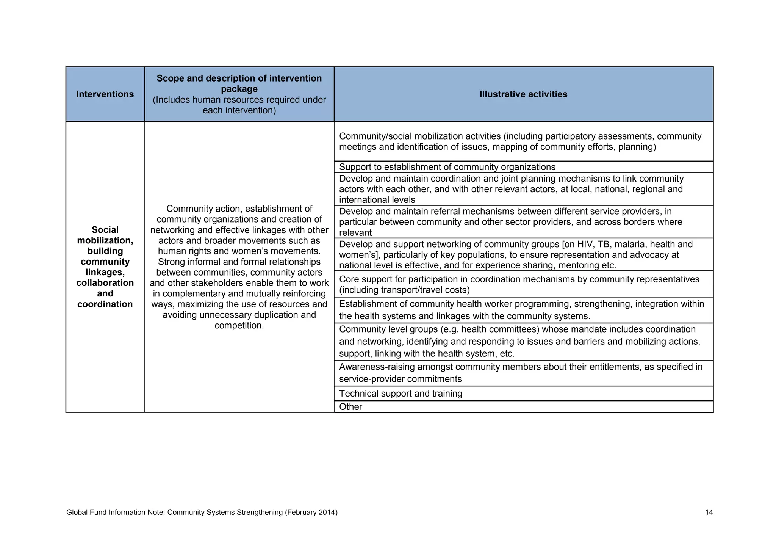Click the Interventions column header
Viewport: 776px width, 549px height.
point(105,94)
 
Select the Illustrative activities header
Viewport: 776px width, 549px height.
point(523,94)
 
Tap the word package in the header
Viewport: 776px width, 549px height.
point(239,89)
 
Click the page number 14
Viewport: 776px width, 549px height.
point(709,513)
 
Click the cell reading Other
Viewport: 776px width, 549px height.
point(350,407)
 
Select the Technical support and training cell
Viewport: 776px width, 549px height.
point(401,394)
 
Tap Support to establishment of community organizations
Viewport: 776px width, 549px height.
point(447,167)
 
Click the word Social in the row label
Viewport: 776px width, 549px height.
point(105,230)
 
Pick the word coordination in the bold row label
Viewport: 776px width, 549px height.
point(105,304)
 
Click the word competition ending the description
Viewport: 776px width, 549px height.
point(239,325)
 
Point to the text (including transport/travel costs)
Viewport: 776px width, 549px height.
point(404,290)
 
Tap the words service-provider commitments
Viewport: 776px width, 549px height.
point(400,379)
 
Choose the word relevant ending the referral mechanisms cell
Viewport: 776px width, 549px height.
point(355,233)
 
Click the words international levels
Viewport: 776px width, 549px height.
point(377,200)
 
